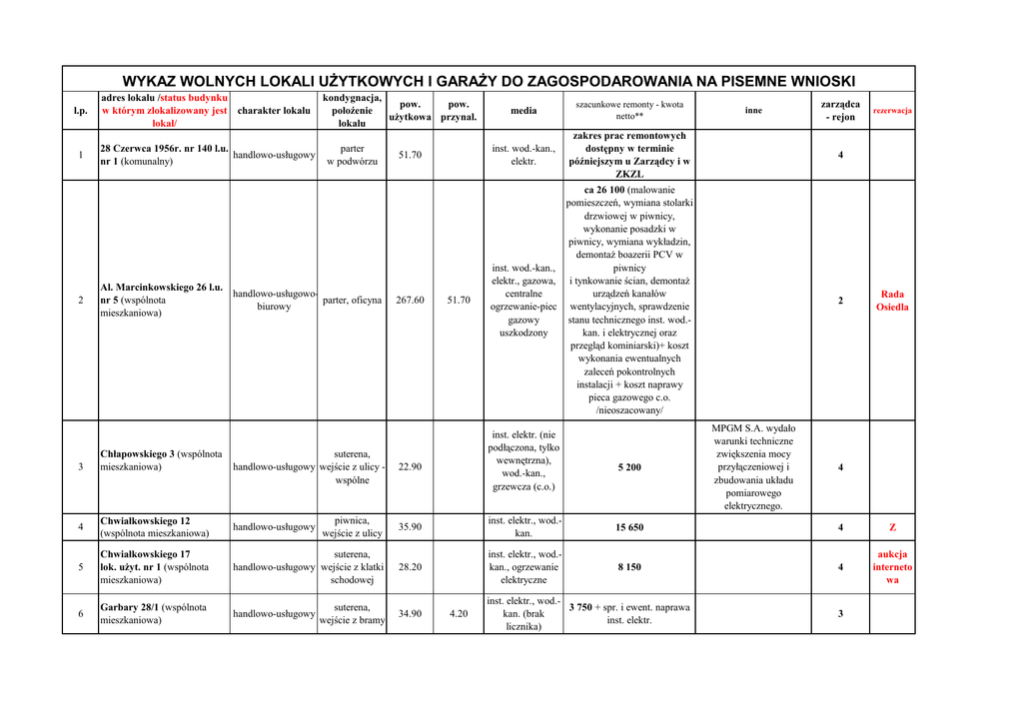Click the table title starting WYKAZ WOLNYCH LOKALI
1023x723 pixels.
(x=489, y=81)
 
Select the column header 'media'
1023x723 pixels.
(x=522, y=111)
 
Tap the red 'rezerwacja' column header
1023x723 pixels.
(x=892, y=111)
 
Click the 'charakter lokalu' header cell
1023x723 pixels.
(x=274, y=111)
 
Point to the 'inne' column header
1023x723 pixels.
(x=753, y=111)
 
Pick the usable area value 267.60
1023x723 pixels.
(x=410, y=300)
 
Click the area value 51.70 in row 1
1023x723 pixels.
(x=410, y=155)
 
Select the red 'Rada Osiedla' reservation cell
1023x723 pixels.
(x=892, y=301)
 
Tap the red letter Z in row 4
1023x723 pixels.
(x=892, y=527)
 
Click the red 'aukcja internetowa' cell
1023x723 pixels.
(x=892, y=566)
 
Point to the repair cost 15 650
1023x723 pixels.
(x=629, y=527)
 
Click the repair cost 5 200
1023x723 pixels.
(x=629, y=466)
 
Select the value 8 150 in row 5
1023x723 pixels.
(x=629, y=566)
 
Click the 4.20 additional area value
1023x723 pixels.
(x=458, y=613)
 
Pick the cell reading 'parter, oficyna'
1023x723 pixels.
(x=352, y=300)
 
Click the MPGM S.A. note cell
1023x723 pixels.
(x=753, y=466)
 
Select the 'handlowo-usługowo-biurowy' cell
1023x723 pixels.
(x=274, y=300)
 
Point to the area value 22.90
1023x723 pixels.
(x=410, y=466)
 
